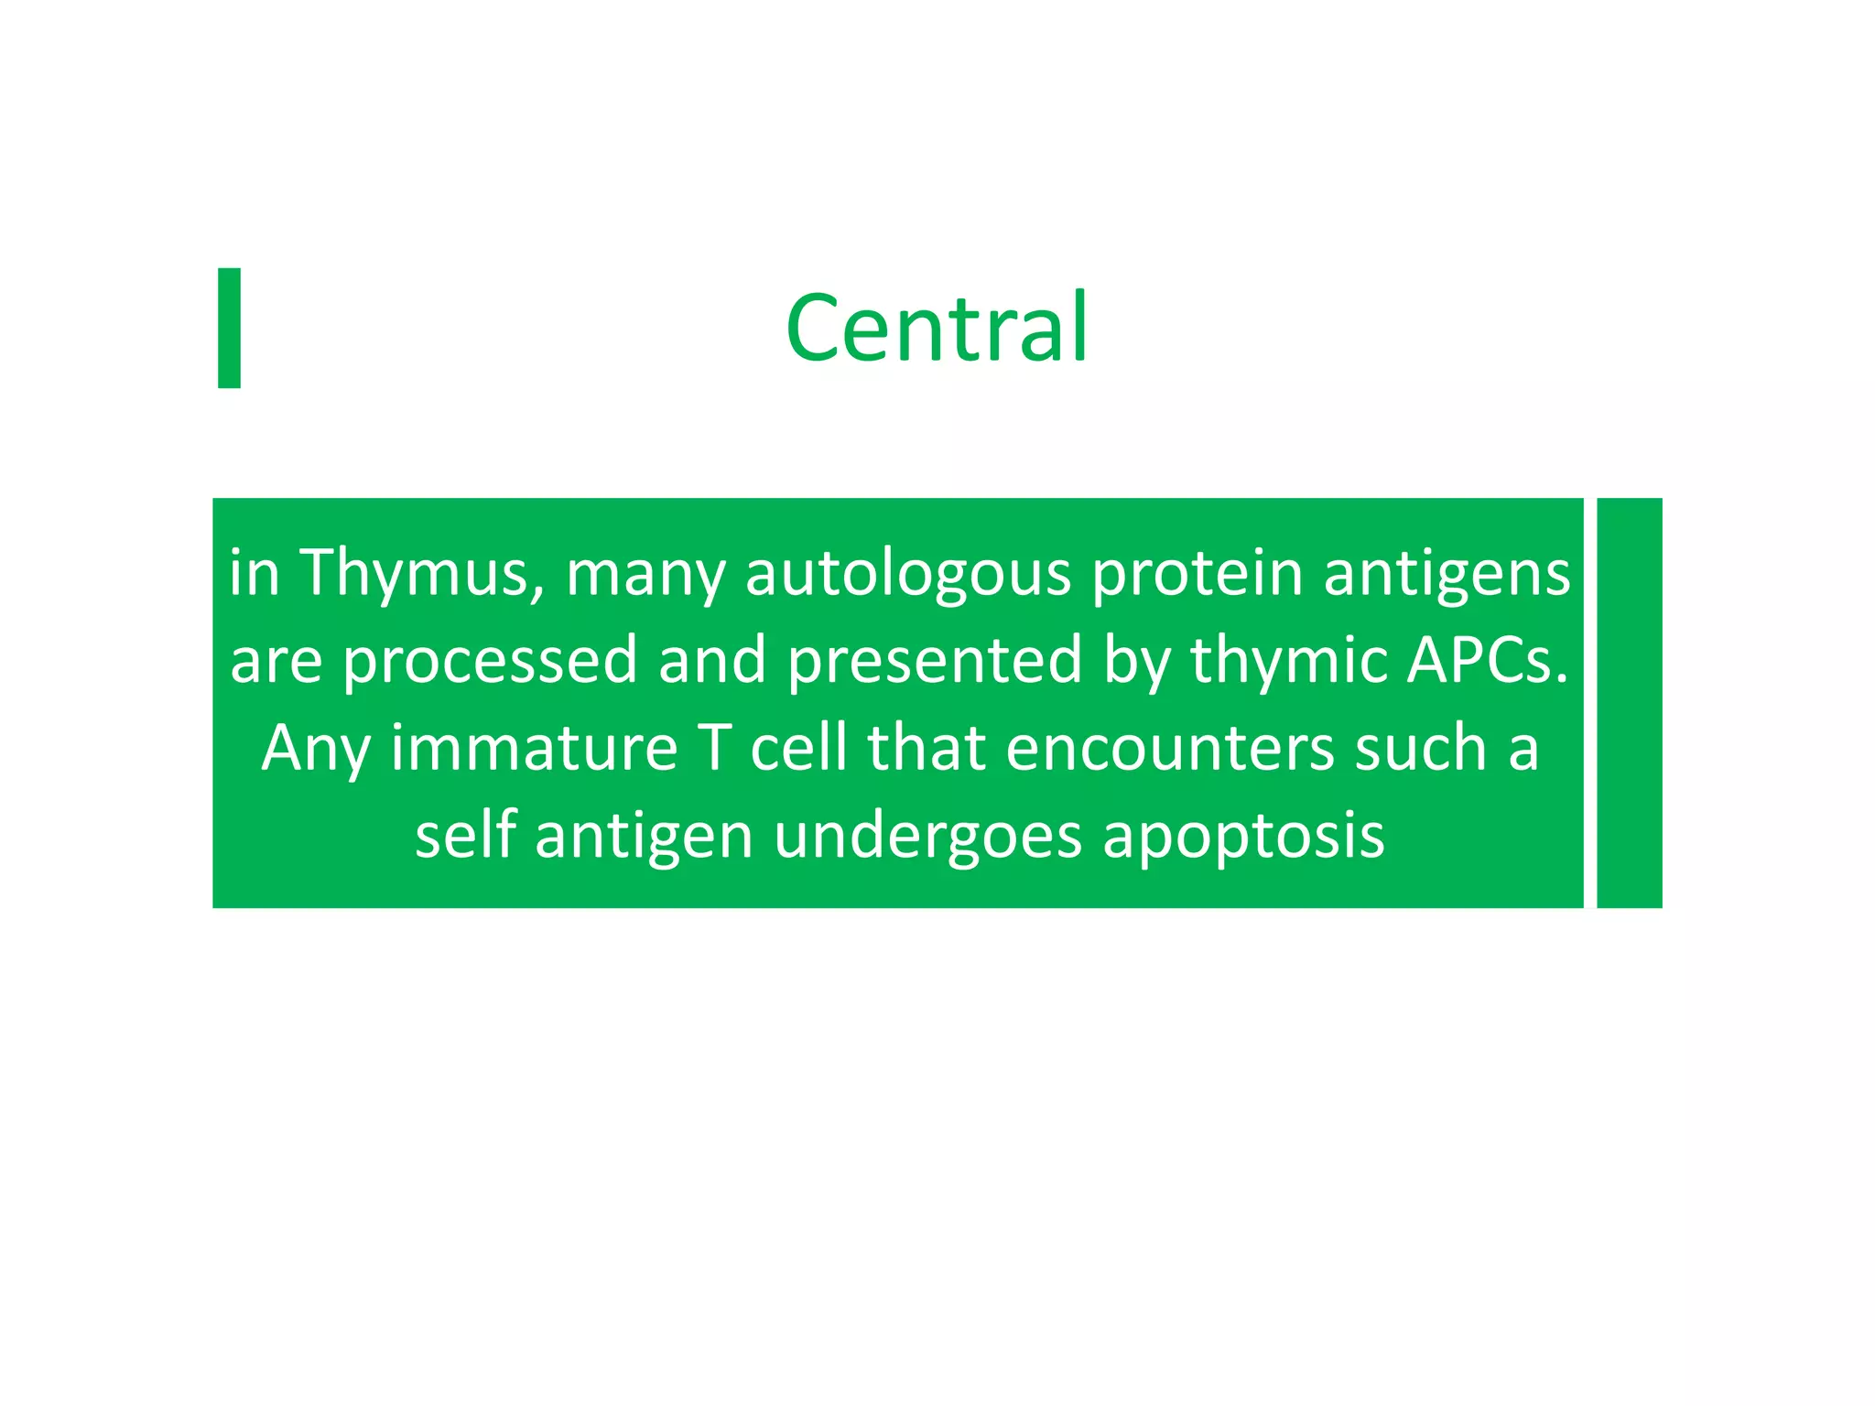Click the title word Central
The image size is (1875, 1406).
tap(937, 327)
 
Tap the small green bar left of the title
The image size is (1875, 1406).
tap(229, 328)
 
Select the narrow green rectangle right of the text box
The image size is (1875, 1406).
tap(1629, 702)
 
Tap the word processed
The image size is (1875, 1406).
tap(489, 662)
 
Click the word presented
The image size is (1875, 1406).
tap(935, 662)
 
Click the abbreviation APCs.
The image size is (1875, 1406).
tap(1485, 660)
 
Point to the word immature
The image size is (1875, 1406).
tap(534, 749)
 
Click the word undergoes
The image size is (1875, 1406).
tap(927, 838)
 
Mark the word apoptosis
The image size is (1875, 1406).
tap(1243, 838)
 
